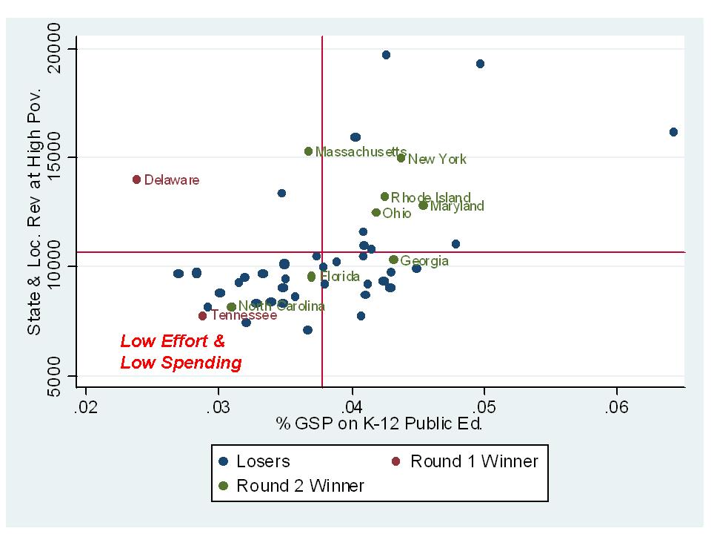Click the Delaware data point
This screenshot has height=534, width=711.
(x=137, y=179)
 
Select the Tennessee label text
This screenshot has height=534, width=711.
(x=244, y=315)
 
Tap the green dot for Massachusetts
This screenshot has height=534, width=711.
(x=309, y=151)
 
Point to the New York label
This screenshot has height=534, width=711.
(x=437, y=159)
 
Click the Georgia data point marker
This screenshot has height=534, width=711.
(x=393, y=260)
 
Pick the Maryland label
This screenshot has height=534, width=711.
(x=457, y=206)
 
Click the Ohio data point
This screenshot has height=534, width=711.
(x=376, y=213)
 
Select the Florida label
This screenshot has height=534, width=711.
(x=339, y=277)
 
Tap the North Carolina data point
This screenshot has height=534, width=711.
(x=231, y=307)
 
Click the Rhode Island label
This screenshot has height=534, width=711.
(x=431, y=197)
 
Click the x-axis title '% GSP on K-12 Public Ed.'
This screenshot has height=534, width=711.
(x=379, y=424)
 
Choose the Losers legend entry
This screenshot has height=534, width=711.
(x=255, y=461)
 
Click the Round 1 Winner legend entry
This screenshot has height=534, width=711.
(x=466, y=461)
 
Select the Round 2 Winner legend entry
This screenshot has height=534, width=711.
(x=292, y=487)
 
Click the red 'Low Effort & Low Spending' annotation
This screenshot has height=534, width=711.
(x=181, y=352)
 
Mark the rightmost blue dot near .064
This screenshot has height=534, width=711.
(x=673, y=132)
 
